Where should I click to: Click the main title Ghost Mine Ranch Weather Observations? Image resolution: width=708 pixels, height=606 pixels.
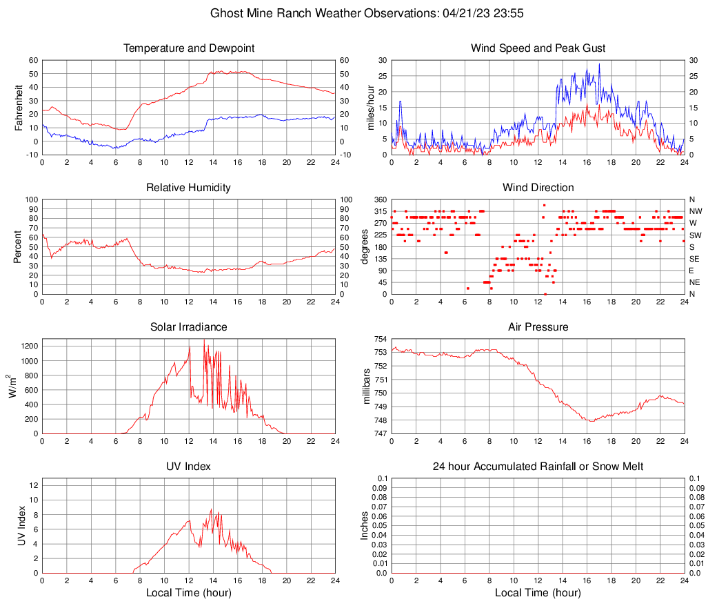point(353,13)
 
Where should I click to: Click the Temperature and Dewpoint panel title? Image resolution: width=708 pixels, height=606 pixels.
point(189,48)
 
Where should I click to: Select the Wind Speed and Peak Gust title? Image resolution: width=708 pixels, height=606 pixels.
point(538,48)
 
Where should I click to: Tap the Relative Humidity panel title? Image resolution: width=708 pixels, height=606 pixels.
point(189,188)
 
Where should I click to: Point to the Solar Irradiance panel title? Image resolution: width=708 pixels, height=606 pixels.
point(189,326)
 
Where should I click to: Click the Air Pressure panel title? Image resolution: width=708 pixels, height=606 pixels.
point(538,326)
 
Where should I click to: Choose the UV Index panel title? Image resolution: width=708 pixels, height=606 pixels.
point(189,467)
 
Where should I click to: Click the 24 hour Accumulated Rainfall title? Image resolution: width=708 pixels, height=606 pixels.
point(538,467)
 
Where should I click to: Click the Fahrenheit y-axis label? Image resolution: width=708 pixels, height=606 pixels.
point(19,107)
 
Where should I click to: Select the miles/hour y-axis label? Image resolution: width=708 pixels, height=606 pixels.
point(371,107)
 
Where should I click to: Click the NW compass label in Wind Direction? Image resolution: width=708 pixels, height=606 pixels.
point(696,211)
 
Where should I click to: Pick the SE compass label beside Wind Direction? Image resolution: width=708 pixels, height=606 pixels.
point(695,259)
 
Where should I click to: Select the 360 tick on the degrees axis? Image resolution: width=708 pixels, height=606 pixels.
point(381,199)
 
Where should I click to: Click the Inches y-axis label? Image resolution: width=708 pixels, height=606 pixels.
point(365,525)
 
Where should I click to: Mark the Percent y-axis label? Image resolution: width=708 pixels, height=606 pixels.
point(19,246)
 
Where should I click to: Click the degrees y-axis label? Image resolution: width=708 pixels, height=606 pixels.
point(365,246)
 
